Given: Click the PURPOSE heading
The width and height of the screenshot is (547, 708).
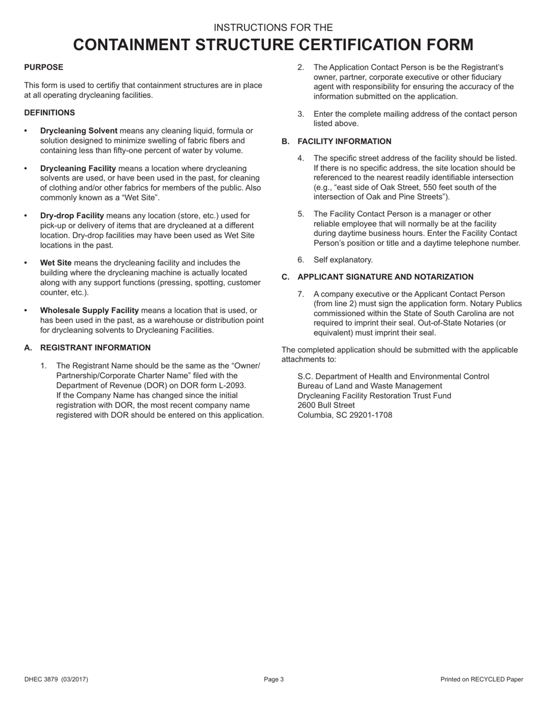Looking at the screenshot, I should tap(44, 67).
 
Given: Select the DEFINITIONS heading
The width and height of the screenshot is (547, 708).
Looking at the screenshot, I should tap(50, 113).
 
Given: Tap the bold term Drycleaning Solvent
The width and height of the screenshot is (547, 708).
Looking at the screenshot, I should tap(79, 131).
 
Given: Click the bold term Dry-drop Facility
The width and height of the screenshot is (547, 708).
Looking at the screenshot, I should tap(72, 216).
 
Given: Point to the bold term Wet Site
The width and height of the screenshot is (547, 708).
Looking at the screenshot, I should tap(56, 263).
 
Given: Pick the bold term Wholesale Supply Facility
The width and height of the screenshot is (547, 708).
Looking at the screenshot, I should tap(89, 311).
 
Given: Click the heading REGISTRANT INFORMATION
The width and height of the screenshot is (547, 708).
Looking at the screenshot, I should tap(96, 348).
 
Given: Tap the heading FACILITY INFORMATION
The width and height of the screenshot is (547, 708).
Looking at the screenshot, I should tap(344, 142).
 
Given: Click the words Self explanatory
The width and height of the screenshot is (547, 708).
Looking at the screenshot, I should tap(343, 260).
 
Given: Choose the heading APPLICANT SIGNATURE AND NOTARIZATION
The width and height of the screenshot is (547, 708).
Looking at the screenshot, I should tap(385, 277).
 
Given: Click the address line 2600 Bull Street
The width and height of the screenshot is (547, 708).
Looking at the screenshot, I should tap(326, 405).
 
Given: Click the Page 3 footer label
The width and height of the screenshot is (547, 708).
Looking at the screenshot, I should tap(274, 680).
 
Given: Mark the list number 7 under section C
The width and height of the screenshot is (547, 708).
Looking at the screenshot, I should tap(301, 295).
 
